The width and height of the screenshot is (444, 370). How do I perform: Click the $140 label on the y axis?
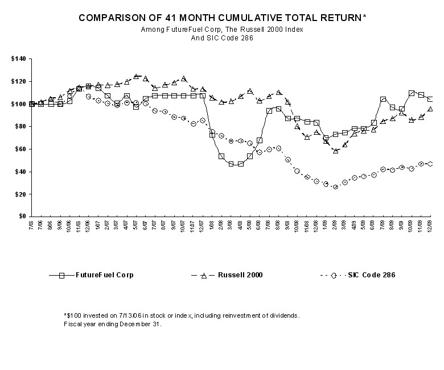[x=19, y=59]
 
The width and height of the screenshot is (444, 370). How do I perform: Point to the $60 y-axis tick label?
[x=20, y=149]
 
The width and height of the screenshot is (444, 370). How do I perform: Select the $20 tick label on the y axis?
[x=20, y=194]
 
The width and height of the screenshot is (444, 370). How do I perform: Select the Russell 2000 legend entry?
[x=239, y=275]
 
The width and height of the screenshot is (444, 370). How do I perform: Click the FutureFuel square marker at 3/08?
[x=232, y=164]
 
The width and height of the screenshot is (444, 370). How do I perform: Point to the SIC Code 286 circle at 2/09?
[x=336, y=186]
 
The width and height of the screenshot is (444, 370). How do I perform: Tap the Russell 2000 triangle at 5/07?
[x=136, y=76]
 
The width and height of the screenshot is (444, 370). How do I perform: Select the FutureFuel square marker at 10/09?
[x=412, y=93]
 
